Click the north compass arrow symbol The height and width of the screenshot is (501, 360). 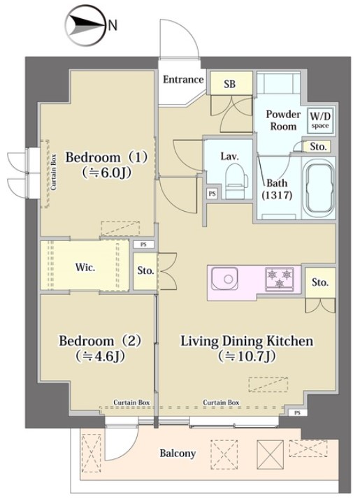(86, 26)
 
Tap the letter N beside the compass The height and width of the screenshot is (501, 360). (113, 25)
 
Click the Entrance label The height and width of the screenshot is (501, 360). (183, 79)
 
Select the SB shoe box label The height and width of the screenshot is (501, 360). (229, 84)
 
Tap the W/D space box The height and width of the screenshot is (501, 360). (320, 119)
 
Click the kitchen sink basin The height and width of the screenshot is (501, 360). (225, 279)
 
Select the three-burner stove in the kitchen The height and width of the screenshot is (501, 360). (280, 278)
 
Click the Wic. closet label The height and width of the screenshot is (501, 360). (85, 267)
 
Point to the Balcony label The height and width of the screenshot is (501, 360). (178, 453)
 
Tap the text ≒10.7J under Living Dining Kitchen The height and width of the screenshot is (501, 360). (247, 356)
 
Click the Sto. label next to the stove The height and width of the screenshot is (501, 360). (320, 282)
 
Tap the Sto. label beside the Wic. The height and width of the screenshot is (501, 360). (145, 270)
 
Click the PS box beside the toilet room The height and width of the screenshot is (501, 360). (212, 194)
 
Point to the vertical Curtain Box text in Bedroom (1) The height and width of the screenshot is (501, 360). (53, 172)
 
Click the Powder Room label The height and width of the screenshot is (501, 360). (283, 120)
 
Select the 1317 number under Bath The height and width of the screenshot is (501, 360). (277, 195)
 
